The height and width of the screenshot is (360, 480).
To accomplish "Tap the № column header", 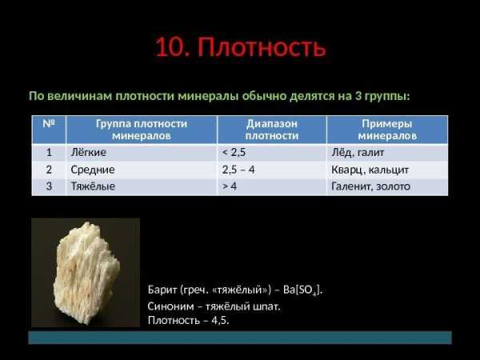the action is click(49, 124).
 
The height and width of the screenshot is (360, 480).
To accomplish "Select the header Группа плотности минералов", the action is click(142, 130).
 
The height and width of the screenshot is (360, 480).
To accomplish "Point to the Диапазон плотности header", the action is click(272, 130).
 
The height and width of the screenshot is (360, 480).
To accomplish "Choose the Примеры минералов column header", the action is click(387, 130).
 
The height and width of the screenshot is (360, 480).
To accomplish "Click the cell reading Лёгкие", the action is click(89, 153).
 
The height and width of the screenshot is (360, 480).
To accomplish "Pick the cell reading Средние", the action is click(93, 170).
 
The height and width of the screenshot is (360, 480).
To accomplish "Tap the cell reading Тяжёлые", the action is click(93, 186).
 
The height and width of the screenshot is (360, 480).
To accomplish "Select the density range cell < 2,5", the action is click(234, 153).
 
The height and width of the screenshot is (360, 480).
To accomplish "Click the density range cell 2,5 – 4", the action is click(238, 170).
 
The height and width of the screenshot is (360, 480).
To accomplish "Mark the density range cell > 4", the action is click(230, 186).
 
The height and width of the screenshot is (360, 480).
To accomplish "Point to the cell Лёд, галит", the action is click(358, 153).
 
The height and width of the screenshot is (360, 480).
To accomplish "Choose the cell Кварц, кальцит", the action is click(370, 170).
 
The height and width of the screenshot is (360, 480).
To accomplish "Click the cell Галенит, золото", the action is click(370, 186).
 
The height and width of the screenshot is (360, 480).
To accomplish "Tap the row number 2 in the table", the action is click(49, 170).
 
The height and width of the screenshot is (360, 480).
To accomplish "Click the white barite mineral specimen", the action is click(86, 273).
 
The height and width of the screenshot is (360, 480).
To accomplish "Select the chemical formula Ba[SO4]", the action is click(302, 290).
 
